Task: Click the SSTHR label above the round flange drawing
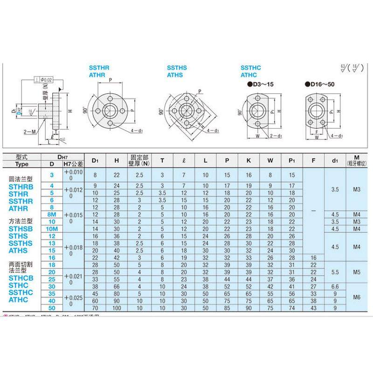point(99,68)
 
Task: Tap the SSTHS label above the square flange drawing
point(177,68)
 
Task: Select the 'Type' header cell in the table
point(21,164)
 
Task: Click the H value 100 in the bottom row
point(116,308)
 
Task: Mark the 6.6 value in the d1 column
point(334,286)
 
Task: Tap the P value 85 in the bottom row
point(227,308)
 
